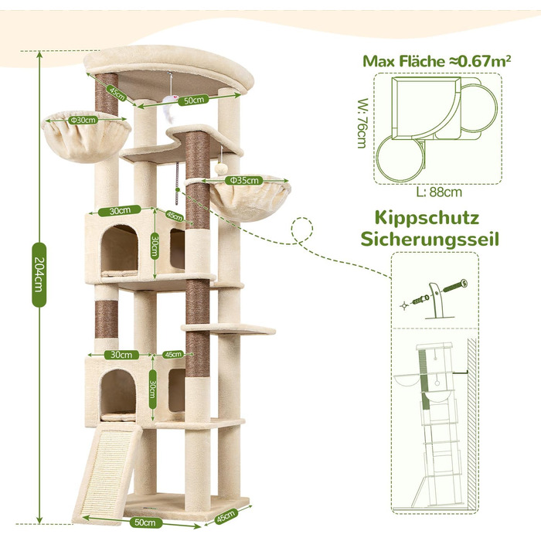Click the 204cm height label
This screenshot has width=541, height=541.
(39, 274)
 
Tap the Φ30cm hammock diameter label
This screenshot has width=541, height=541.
(83, 120)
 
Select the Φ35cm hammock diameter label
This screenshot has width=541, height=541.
(244, 180)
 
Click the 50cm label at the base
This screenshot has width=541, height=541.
(143, 522)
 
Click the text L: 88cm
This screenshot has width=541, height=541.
(438, 192)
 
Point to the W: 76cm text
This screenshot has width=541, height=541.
(362, 123)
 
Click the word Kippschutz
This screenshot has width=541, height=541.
(427, 219)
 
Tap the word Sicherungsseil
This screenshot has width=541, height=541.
(430, 239)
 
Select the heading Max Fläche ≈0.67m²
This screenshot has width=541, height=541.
(437, 61)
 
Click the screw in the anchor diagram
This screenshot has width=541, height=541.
(455, 286)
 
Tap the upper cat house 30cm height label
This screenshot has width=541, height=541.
(155, 246)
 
